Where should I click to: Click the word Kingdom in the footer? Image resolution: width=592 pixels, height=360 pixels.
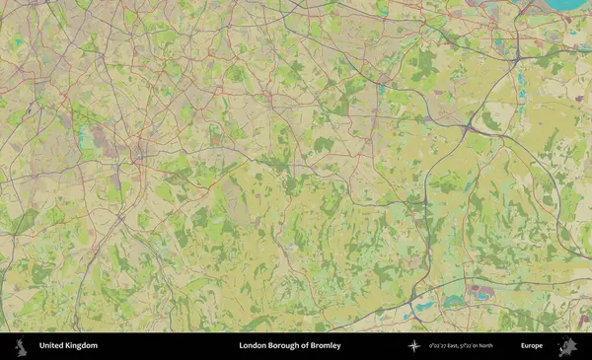tap(82, 346)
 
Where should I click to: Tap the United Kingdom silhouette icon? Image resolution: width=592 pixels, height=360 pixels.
tap(19, 346)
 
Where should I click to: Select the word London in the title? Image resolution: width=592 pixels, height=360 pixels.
tap(253, 346)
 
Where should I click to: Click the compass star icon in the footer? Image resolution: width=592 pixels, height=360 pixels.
tap(414, 346)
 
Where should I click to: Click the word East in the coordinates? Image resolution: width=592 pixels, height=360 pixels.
tap(460, 346)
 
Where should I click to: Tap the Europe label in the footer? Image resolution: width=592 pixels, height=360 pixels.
tap(532, 346)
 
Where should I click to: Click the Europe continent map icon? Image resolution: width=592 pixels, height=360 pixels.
tap(567, 346)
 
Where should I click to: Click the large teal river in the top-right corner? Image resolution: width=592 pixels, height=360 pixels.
tap(570, 4)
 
